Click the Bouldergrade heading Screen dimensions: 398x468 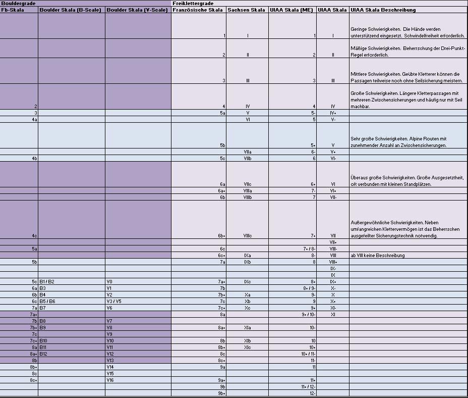coord(16,4)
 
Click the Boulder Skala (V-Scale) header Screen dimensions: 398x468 coord(138,10)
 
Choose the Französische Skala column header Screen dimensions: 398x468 coord(198,10)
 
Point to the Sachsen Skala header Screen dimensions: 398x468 coord(246,10)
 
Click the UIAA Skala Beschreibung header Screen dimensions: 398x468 coord(383,10)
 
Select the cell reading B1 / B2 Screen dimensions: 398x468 coord(47,281)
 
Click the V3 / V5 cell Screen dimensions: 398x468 coord(114,301)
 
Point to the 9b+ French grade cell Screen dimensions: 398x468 coord(221,393)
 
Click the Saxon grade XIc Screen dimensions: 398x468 coord(248,347)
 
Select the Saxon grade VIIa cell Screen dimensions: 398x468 coord(248,152)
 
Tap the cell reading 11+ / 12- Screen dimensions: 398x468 coord(308,386)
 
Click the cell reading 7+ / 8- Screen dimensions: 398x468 coord(309,248)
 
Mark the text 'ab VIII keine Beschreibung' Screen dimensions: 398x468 coord(378,256)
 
